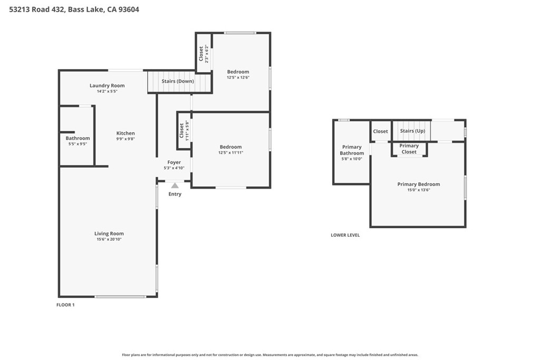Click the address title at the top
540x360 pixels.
coord(74,9)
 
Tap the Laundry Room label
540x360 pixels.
coord(107,85)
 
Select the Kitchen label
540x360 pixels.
coord(126,133)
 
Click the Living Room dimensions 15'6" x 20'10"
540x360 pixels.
coord(109,239)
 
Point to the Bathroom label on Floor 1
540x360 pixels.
coord(78,138)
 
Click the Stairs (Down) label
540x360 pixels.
coord(178,81)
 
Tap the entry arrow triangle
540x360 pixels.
coord(175,185)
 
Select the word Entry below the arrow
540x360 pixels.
coord(175,194)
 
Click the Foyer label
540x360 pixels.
coord(174,162)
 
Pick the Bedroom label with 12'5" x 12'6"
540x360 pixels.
coord(238,72)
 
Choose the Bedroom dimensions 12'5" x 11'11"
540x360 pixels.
coord(230,153)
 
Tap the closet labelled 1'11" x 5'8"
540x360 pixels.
coord(184,131)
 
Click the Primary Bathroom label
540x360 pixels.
coord(352,150)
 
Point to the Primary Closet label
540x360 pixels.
coord(409,149)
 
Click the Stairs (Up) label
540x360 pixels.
coord(412,131)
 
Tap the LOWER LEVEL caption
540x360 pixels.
coord(345,235)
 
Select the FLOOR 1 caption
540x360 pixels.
coord(65,305)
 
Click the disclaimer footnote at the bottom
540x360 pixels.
coord(270,355)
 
